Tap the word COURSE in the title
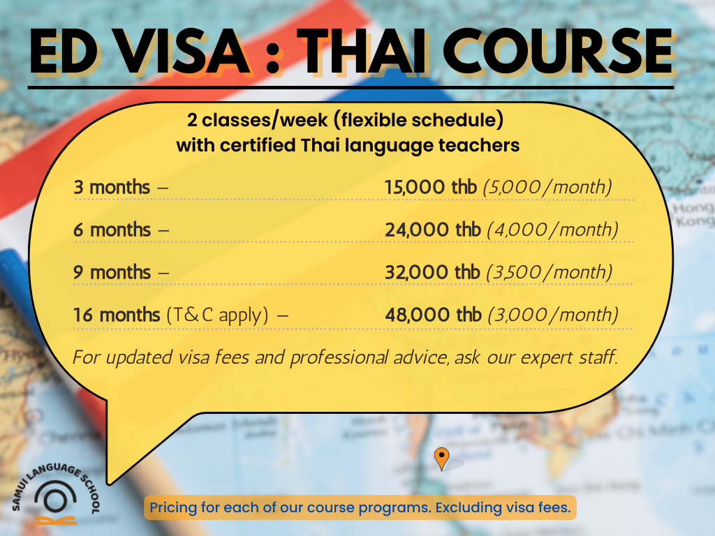coord(558,51)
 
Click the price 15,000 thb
coord(430,187)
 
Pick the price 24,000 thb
coord(433,230)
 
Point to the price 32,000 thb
coord(432,272)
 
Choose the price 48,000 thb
coord(433,315)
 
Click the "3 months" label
coord(112,187)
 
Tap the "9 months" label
coord(112,272)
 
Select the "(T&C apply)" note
coord(218,315)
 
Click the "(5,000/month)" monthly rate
coord(547,187)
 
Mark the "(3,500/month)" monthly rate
coord(549,273)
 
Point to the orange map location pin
coord(441,459)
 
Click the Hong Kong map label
coord(693,215)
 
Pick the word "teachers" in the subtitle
coord(479,145)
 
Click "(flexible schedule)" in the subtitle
coord(419,120)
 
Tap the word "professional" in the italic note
coord(339,358)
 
